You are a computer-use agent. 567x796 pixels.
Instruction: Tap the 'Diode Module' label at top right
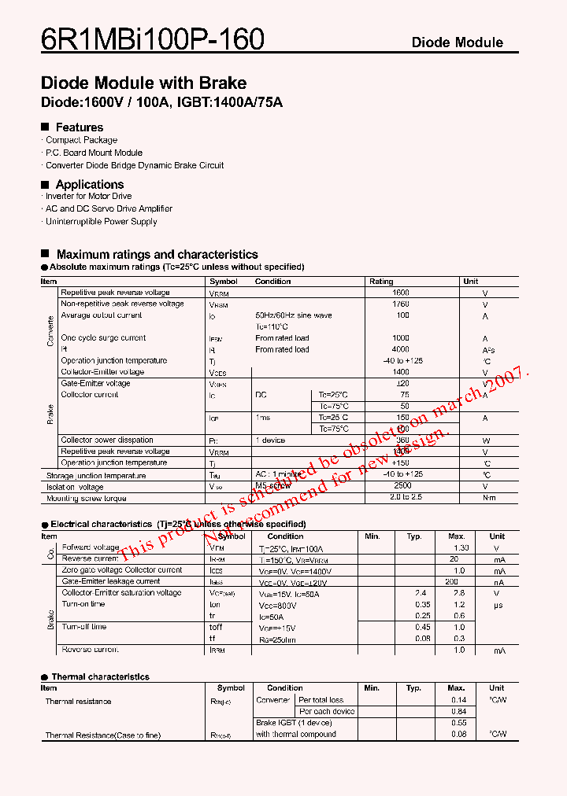(457, 42)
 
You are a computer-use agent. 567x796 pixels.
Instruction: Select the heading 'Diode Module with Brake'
(143, 83)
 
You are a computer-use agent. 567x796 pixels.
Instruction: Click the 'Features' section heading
(79, 127)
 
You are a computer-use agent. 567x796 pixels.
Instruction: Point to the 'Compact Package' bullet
(81, 140)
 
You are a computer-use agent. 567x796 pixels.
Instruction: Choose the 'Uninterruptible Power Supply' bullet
(101, 222)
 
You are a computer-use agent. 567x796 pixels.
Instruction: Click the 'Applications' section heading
(89, 185)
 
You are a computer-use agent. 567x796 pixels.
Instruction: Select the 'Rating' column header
(381, 282)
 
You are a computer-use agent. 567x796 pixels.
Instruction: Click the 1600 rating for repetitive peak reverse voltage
(401, 293)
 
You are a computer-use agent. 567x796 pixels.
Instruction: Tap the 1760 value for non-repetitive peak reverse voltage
(401, 304)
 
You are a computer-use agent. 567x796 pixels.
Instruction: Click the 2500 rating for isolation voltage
(401, 487)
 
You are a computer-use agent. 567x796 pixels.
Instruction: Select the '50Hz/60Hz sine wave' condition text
(293, 315)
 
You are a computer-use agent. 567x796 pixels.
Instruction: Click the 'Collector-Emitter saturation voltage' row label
(121, 593)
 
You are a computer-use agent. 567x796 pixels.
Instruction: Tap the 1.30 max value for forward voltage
(461, 548)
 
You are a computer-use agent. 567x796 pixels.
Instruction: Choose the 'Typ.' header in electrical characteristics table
(414, 536)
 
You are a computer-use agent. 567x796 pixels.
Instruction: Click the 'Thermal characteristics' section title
(100, 676)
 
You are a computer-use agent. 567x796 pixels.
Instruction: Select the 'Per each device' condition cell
(326, 712)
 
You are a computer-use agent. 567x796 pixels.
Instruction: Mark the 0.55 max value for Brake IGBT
(458, 723)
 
